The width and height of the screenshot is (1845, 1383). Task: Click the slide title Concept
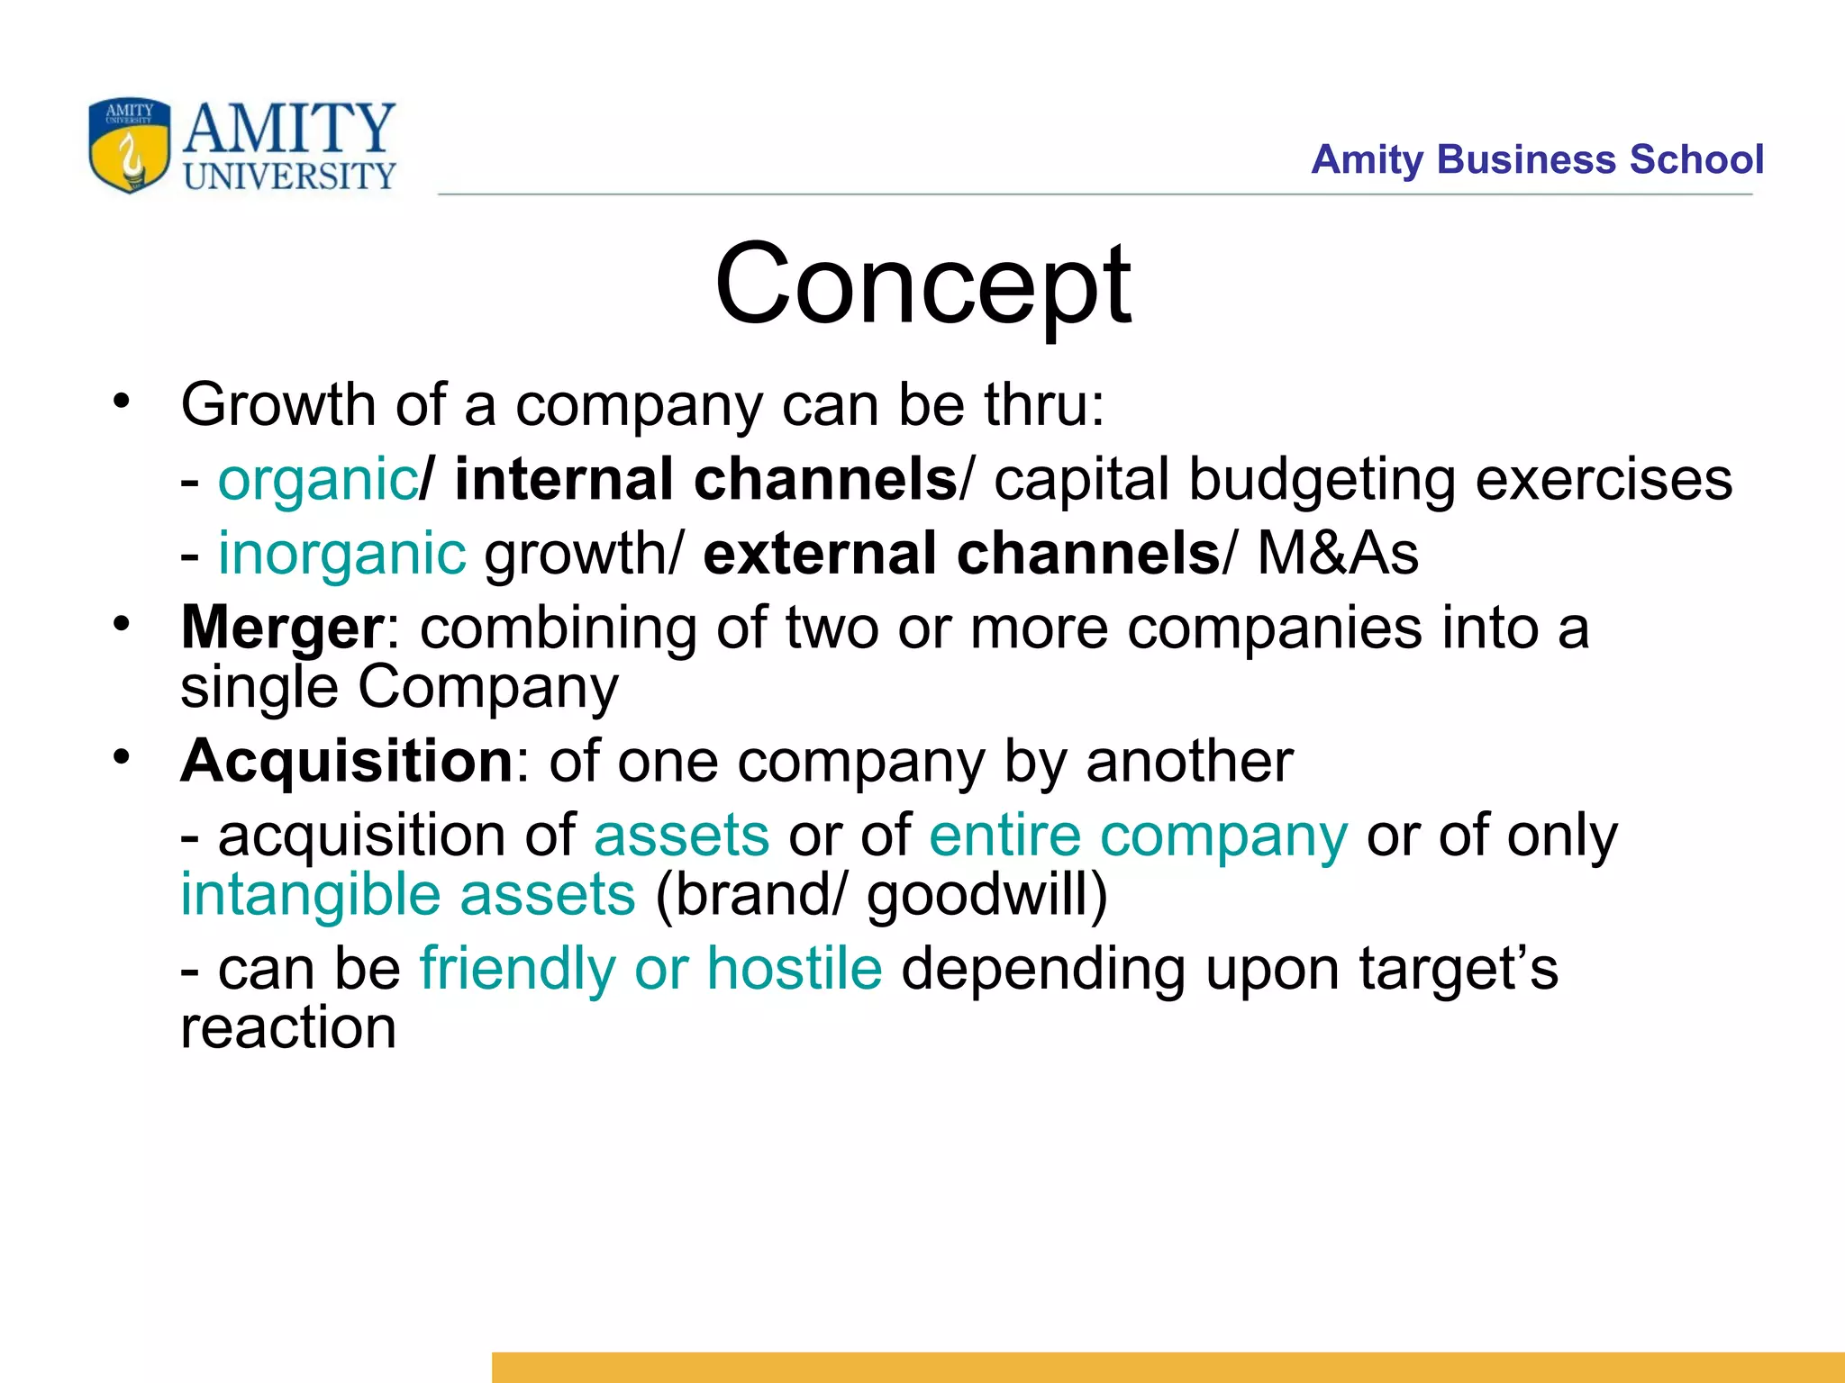click(922, 285)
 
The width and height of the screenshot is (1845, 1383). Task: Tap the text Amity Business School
click(1537, 160)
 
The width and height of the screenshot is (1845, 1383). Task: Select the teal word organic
click(316, 479)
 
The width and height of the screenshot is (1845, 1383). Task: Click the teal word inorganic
click(342, 553)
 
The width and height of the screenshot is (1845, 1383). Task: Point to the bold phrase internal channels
click(705, 479)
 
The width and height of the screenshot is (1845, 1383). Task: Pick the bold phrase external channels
click(961, 553)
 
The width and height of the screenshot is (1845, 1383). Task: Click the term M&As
click(1338, 553)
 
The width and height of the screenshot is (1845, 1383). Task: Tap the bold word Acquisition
click(347, 761)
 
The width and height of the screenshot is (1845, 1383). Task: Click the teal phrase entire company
click(1139, 836)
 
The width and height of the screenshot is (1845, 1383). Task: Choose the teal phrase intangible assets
click(408, 895)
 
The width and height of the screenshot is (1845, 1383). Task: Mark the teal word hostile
click(794, 969)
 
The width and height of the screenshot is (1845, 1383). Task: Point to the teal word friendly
click(518, 969)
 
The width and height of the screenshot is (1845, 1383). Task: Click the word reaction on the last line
click(288, 1027)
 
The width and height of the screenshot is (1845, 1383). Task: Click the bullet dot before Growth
click(122, 401)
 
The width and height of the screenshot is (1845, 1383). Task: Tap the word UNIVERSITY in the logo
click(289, 176)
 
